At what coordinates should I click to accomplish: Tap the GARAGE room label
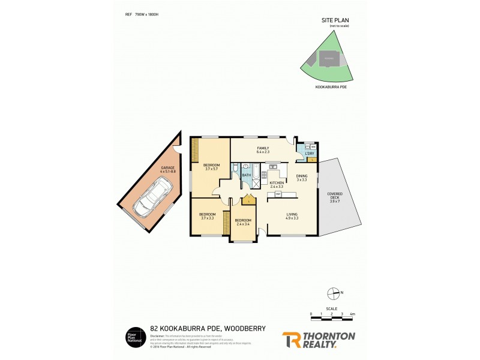pyautogui.click(x=167, y=169)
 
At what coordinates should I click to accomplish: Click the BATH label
pyautogui.click(x=246, y=175)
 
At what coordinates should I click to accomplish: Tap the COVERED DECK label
pyautogui.click(x=334, y=197)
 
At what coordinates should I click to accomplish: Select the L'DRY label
pyautogui.click(x=310, y=154)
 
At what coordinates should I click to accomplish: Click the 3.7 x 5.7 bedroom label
pyautogui.click(x=211, y=167)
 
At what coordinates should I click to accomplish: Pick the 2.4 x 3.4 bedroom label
pyautogui.click(x=242, y=222)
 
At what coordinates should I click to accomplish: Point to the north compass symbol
pyautogui.click(x=334, y=293)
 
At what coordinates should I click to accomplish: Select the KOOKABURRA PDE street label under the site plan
pyautogui.click(x=331, y=87)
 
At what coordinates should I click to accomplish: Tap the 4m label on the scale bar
pyautogui.click(x=352, y=314)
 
